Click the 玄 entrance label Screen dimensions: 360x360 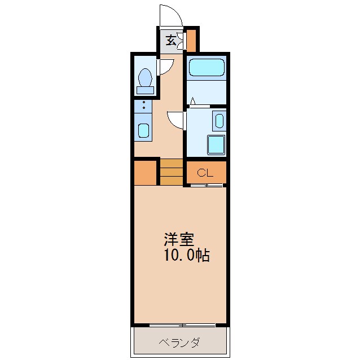pos(170,41)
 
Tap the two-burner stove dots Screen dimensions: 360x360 pos(143,106)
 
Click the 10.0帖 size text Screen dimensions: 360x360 pos(187,256)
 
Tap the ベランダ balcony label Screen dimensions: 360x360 pos(180,343)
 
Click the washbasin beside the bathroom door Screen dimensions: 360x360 pos(219,120)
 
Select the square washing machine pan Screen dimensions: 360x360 pos(216,144)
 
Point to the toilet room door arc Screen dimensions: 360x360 pos(165,67)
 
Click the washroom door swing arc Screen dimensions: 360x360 pos(175,118)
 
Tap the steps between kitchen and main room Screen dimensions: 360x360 pos(172,172)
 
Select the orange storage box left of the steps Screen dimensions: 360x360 pos(146,173)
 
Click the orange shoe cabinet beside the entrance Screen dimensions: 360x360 pos(191,40)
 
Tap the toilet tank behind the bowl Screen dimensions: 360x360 pos(145,89)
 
